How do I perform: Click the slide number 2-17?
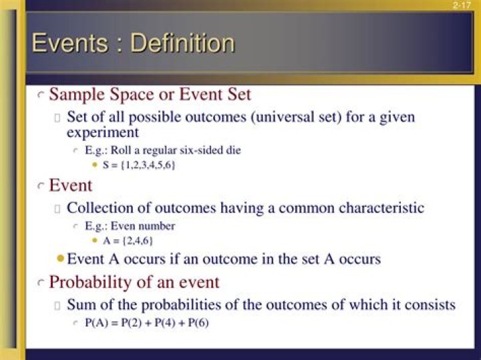[x=462, y=5]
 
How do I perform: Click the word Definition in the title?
[x=182, y=43]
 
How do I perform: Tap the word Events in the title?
[x=70, y=43]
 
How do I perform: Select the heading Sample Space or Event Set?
[x=150, y=94]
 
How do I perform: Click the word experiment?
[x=103, y=133]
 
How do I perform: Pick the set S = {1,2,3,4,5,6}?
[x=139, y=165]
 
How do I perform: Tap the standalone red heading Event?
[x=71, y=185]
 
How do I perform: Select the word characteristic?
[x=381, y=208]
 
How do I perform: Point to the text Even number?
[x=143, y=226]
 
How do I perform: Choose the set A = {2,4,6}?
[x=128, y=241]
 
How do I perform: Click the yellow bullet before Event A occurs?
[x=60, y=258]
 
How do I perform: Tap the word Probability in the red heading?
[x=90, y=283]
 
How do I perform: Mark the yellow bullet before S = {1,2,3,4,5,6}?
[x=95, y=165]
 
